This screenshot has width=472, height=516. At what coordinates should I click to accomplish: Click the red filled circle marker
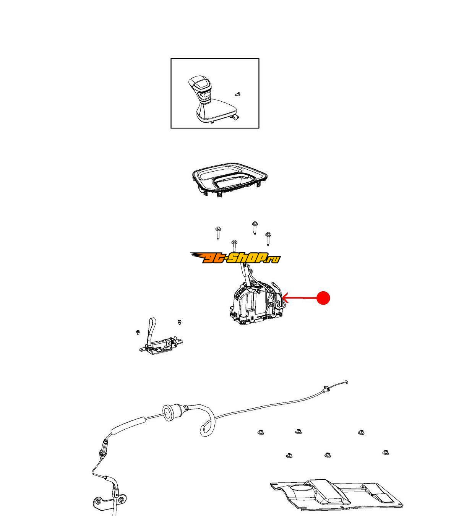click(323, 298)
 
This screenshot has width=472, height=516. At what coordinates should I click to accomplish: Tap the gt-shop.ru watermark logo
click(235, 258)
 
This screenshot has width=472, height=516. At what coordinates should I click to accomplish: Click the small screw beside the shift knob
click(238, 94)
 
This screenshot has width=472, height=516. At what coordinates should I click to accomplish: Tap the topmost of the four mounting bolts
click(255, 228)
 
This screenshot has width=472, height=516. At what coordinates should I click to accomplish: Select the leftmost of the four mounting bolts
click(218, 233)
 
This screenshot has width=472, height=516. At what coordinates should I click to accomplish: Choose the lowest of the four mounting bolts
click(234, 246)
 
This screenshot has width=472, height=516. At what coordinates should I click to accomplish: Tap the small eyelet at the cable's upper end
click(346, 383)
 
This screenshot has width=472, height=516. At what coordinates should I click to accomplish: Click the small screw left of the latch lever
click(138, 333)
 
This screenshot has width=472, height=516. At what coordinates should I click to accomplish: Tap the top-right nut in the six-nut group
click(361, 432)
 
